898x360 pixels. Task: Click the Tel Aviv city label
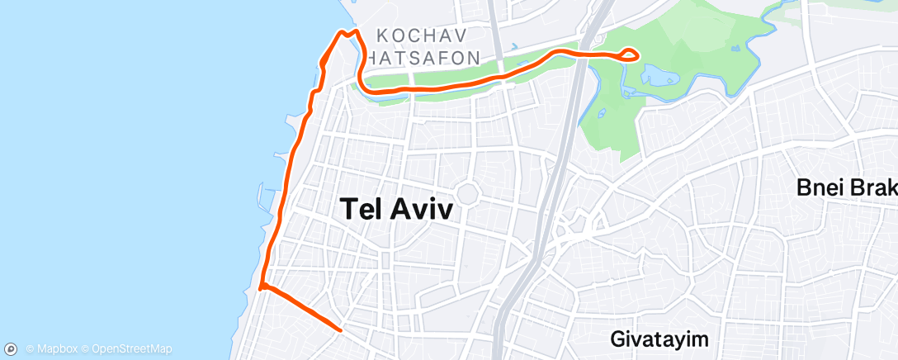tap(397, 210)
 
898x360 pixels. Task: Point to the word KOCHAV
tap(422, 36)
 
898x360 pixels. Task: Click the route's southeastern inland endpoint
tap(341, 329)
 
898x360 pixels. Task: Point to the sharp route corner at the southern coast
tap(261, 288)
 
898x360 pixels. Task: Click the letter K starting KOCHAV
tap(381, 36)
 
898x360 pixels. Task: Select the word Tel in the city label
tap(360, 210)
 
